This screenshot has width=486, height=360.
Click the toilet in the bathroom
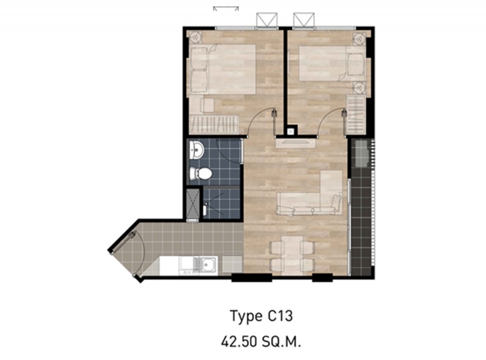pyautogui.click(x=201, y=174)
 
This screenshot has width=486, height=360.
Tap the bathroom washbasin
pyautogui.click(x=196, y=150)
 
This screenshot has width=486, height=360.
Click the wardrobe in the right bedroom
pyautogui.click(x=356, y=114)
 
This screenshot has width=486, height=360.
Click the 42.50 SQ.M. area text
pyautogui.click(x=262, y=340)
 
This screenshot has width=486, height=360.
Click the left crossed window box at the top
pyautogui.click(x=265, y=20)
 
